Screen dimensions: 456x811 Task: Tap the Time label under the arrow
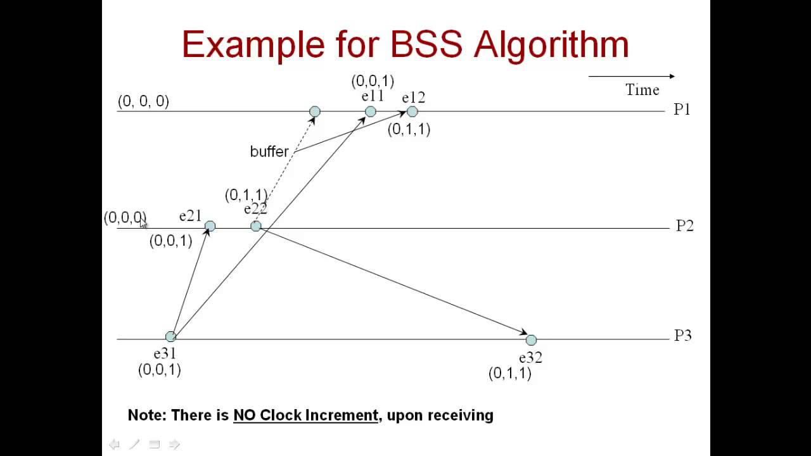click(642, 90)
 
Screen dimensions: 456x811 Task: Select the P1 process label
click(682, 110)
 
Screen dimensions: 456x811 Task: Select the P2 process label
click(684, 226)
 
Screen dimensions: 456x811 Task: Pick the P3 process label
click(682, 336)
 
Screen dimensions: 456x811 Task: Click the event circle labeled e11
click(371, 112)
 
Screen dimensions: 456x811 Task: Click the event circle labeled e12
click(412, 112)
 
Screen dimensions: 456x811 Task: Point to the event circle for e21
click(210, 226)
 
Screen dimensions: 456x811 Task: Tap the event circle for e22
click(256, 226)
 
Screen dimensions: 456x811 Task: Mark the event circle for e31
click(170, 337)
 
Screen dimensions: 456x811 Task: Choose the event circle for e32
click(531, 341)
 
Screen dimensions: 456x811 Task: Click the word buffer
click(269, 152)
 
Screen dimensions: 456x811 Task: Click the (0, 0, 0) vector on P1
click(143, 101)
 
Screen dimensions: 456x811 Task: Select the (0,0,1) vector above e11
click(373, 81)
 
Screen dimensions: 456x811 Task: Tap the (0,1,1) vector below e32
click(509, 374)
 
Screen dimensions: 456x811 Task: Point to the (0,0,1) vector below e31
click(160, 370)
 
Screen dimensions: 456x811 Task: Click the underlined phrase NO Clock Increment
click(305, 415)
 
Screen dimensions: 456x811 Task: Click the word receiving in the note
click(460, 415)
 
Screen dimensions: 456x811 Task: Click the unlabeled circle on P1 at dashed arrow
click(315, 112)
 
